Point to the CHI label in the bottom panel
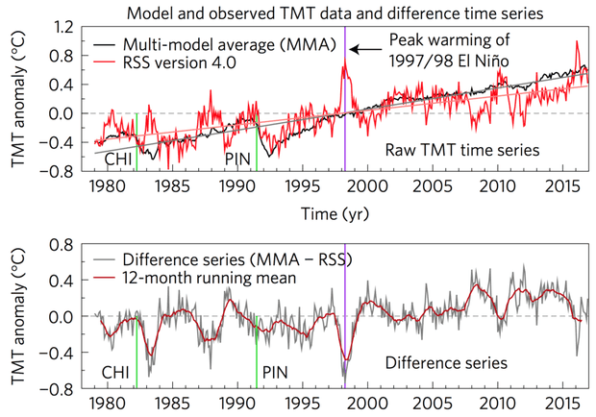[118, 371]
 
